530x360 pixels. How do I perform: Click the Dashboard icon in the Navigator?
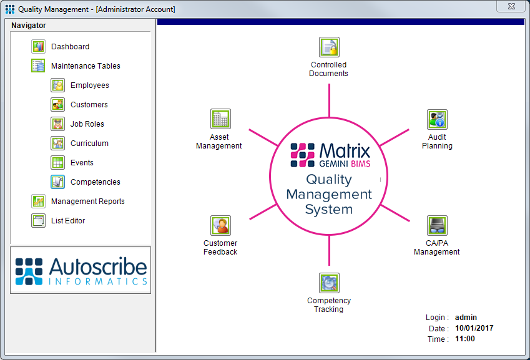tap(39, 47)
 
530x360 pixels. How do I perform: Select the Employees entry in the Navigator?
tap(89, 85)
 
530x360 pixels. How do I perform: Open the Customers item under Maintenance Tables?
tap(89, 105)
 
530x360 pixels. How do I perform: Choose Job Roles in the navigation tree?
tap(87, 124)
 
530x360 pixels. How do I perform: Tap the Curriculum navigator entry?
tap(89, 144)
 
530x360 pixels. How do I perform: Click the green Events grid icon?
tap(58, 163)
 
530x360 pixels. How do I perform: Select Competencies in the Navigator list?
tap(95, 182)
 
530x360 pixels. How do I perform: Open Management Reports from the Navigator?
tap(87, 202)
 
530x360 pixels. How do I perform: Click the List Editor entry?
tap(67, 221)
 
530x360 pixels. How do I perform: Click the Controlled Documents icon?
tap(329, 47)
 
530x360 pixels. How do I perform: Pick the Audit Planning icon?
tap(437, 120)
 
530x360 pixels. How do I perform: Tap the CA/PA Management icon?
tap(437, 226)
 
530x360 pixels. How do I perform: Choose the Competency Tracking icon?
tap(329, 283)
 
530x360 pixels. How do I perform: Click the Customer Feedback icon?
tap(220, 226)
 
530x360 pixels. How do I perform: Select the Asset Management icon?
tap(220, 119)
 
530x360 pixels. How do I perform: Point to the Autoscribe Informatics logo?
tap(81, 270)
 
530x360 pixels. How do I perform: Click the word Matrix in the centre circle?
tap(345, 150)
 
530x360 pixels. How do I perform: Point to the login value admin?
tap(465, 318)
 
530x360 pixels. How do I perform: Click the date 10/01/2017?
tap(474, 328)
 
